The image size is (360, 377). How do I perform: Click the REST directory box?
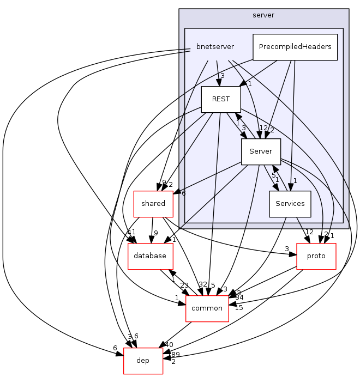click(x=221, y=99)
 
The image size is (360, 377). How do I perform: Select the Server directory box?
click(x=261, y=151)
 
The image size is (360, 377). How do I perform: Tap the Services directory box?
click(x=290, y=204)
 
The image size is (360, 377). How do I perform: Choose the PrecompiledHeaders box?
click(x=295, y=47)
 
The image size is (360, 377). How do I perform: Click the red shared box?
click(x=153, y=204)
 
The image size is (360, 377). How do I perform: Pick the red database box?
click(x=150, y=256)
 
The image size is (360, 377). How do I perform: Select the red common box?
click(x=207, y=308)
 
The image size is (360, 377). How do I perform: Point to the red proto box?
click(x=316, y=256)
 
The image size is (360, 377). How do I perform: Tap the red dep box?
click(x=143, y=361)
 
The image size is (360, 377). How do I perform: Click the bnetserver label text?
click(x=215, y=47)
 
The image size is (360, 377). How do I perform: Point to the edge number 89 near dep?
click(x=174, y=355)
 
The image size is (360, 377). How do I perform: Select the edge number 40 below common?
click(x=169, y=344)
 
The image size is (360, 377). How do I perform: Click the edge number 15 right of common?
click(x=238, y=308)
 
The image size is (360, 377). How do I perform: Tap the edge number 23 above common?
click(x=184, y=284)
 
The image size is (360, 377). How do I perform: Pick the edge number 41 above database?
click(x=131, y=232)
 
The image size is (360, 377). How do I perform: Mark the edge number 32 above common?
click(x=203, y=284)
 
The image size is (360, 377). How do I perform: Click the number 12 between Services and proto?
click(x=309, y=232)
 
